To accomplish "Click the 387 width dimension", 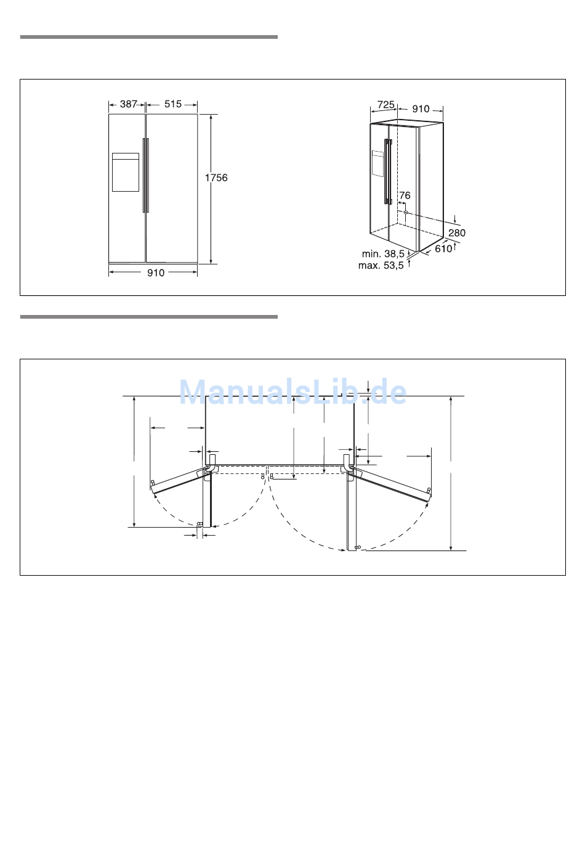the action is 128,104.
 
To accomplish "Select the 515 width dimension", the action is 173,104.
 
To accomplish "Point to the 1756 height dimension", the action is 216,178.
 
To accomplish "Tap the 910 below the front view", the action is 156,273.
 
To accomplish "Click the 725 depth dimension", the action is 386,104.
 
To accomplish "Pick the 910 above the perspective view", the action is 421,109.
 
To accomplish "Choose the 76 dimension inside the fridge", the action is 405,195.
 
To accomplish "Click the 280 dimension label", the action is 457,232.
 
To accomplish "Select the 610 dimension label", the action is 443,248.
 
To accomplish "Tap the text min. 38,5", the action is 383,254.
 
